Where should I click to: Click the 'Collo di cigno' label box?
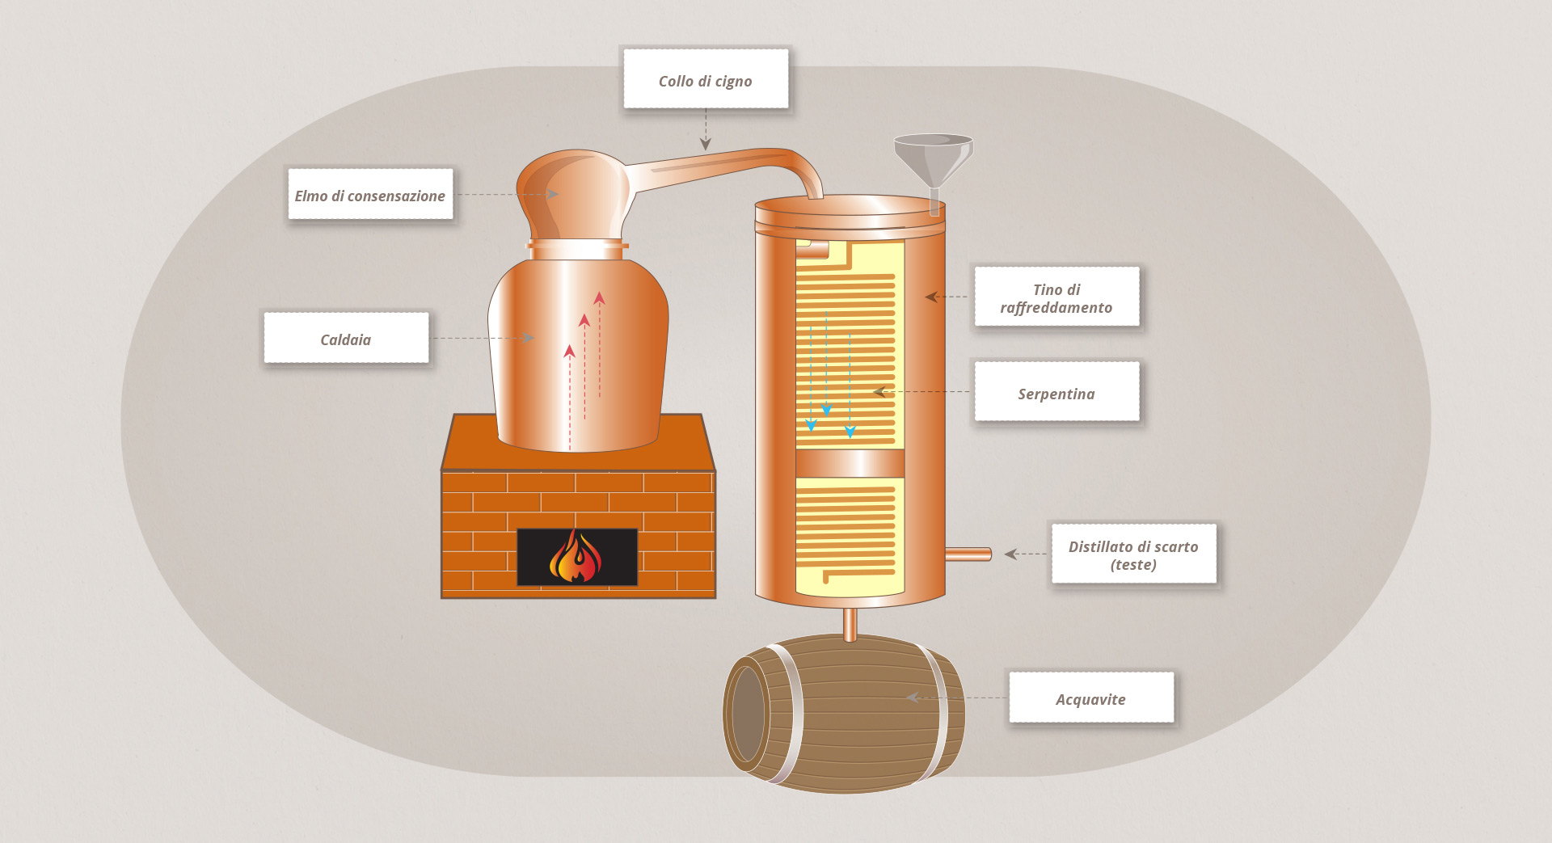point(705,79)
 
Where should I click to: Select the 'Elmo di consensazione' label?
point(370,195)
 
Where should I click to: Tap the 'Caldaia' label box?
point(346,339)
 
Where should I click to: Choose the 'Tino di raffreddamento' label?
point(1056,297)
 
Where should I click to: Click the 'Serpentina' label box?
point(1056,393)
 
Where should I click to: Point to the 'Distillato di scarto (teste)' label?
point(1133,554)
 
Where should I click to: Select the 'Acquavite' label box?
point(1090,698)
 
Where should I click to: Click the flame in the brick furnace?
point(576,557)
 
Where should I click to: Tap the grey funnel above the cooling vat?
point(933,158)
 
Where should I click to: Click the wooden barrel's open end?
point(747,714)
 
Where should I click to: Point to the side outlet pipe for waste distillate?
point(968,554)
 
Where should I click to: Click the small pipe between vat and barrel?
point(850,623)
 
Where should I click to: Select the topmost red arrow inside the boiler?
point(599,298)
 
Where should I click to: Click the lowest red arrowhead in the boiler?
point(570,351)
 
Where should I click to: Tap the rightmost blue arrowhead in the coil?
point(850,432)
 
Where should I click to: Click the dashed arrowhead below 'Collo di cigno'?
point(706,144)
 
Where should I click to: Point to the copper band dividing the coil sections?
point(850,463)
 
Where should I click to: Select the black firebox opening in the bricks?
point(533,557)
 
